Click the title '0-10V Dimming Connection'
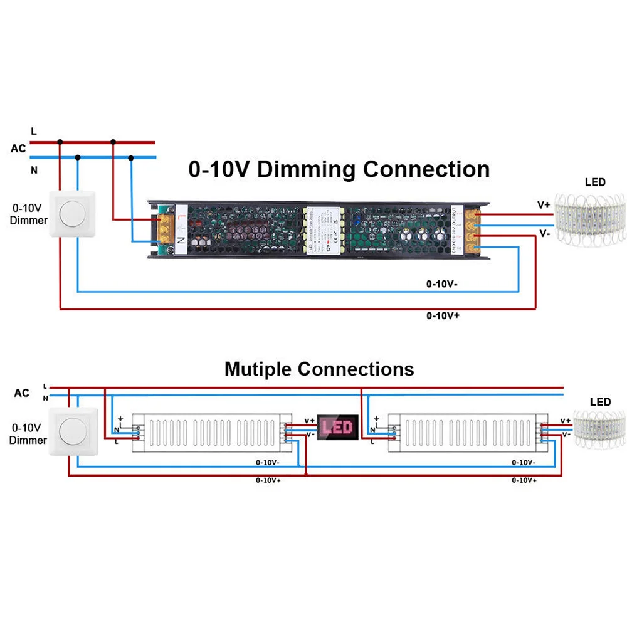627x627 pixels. [339, 169]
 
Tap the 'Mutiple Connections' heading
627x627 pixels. [319, 369]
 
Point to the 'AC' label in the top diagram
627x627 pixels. [18, 149]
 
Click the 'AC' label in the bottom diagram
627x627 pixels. [21, 393]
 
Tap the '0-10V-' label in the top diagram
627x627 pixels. [441, 284]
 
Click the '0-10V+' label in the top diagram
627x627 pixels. [443, 315]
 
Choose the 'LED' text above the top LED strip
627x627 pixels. [595, 182]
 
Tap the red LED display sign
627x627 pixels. [338, 428]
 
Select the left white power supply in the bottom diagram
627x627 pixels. [211, 432]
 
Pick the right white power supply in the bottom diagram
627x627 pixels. [467, 432]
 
